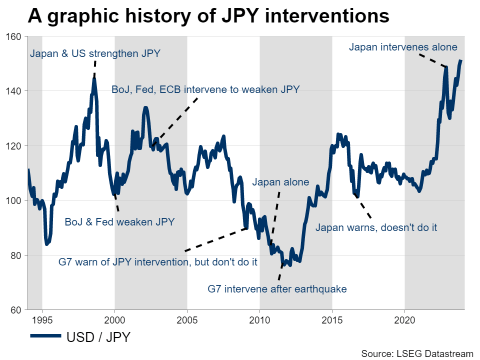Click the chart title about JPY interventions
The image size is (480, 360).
[208, 16]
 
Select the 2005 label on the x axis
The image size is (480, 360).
[187, 318]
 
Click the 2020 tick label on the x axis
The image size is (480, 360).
[404, 318]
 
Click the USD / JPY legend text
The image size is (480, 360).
[98, 337]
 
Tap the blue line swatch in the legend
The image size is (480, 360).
[45, 337]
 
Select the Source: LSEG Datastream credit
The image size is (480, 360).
[417, 353]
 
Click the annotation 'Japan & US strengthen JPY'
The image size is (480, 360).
[95, 53]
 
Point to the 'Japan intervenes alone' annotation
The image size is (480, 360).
[403, 47]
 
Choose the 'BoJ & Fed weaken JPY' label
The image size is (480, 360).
[119, 222]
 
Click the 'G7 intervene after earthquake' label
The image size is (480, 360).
[277, 288]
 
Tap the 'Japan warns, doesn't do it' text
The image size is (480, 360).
[376, 227]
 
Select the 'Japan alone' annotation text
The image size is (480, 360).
[280, 182]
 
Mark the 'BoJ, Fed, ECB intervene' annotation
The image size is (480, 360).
[205, 90]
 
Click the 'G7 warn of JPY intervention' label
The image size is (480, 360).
[158, 261]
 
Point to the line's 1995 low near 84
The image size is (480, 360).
[47, 243]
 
